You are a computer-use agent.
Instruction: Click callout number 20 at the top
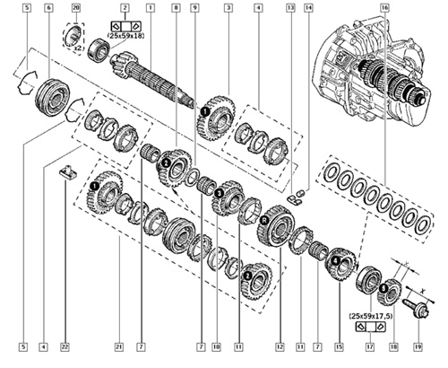click(x=76, y=8)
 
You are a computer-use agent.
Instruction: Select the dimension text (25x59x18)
click(x=125, y=36)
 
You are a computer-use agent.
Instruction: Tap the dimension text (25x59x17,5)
click(x=371, y=316)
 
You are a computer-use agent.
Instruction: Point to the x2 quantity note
click(x=78, y=48)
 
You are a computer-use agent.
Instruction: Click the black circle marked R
click(x=263, y=221)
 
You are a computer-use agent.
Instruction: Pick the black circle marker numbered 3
click(x=220, y=194)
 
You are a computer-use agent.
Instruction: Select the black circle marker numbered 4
click(x=336, y=261)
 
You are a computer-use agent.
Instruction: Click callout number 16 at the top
click(x=384, y=8)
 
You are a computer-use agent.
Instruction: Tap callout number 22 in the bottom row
click(x=65, y=347)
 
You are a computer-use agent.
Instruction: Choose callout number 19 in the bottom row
click(x=418, y=347)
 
